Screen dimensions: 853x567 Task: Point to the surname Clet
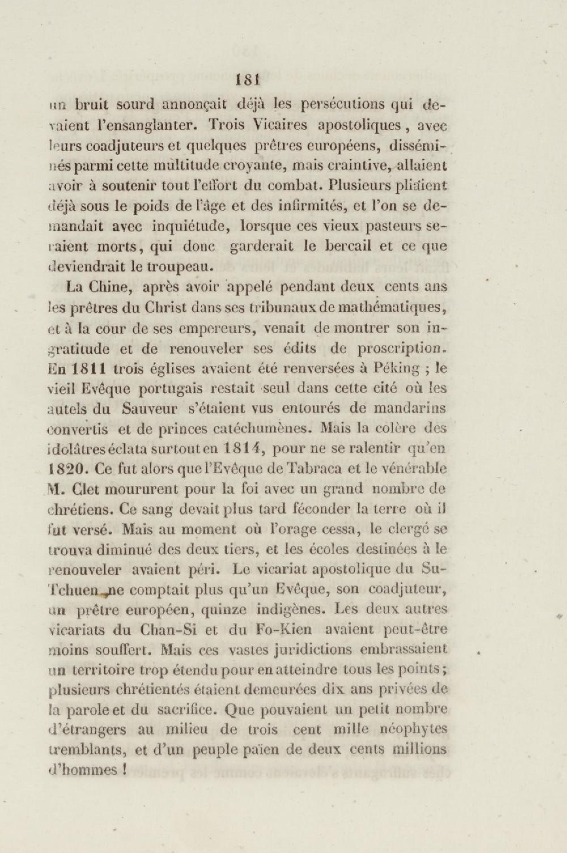point(85,490)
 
